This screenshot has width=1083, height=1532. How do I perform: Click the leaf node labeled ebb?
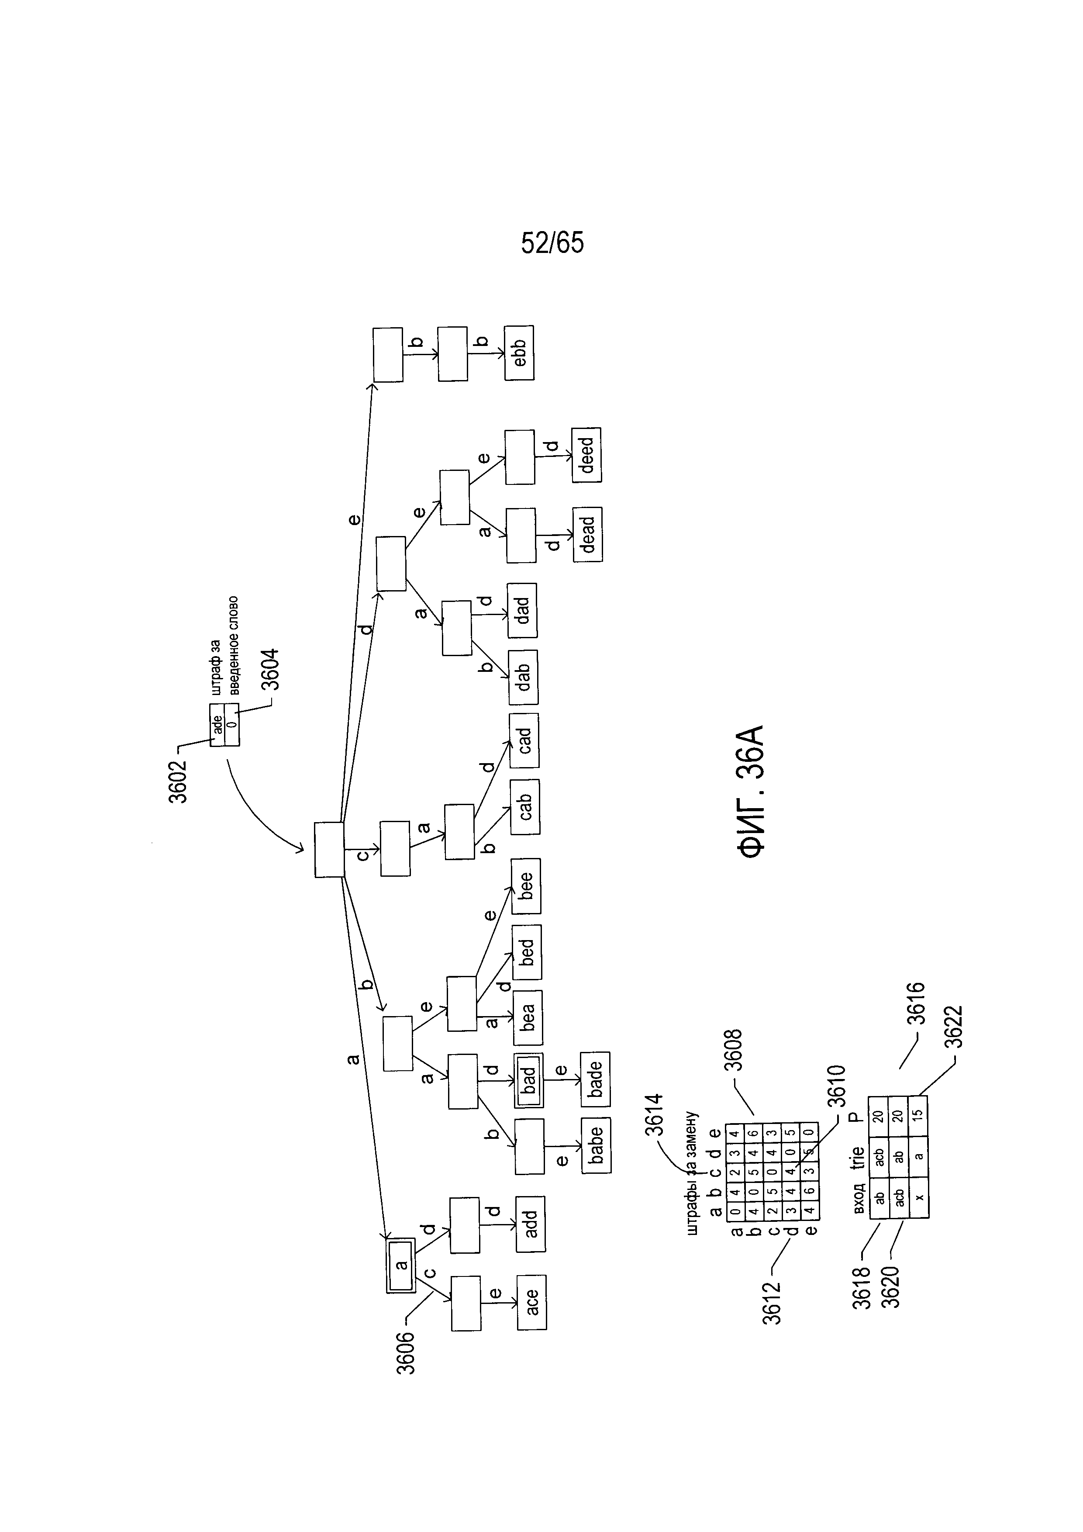coord(519,353)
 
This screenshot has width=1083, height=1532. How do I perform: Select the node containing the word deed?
coord(586,455)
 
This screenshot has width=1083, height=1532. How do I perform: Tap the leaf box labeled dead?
coord(587,534)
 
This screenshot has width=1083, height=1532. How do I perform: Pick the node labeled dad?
coord(522,611)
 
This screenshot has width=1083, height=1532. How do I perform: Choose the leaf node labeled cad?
coord(524,740)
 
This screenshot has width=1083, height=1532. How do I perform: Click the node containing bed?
coord(527,952)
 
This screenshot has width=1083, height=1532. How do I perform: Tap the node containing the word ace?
coord(531,1302)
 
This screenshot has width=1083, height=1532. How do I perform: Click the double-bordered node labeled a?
coord(401,1266)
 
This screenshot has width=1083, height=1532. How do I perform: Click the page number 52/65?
coord(552,243)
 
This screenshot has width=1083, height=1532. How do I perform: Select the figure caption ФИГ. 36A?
coord(751,792)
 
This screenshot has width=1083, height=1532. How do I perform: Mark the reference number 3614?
coord(654,1115)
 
